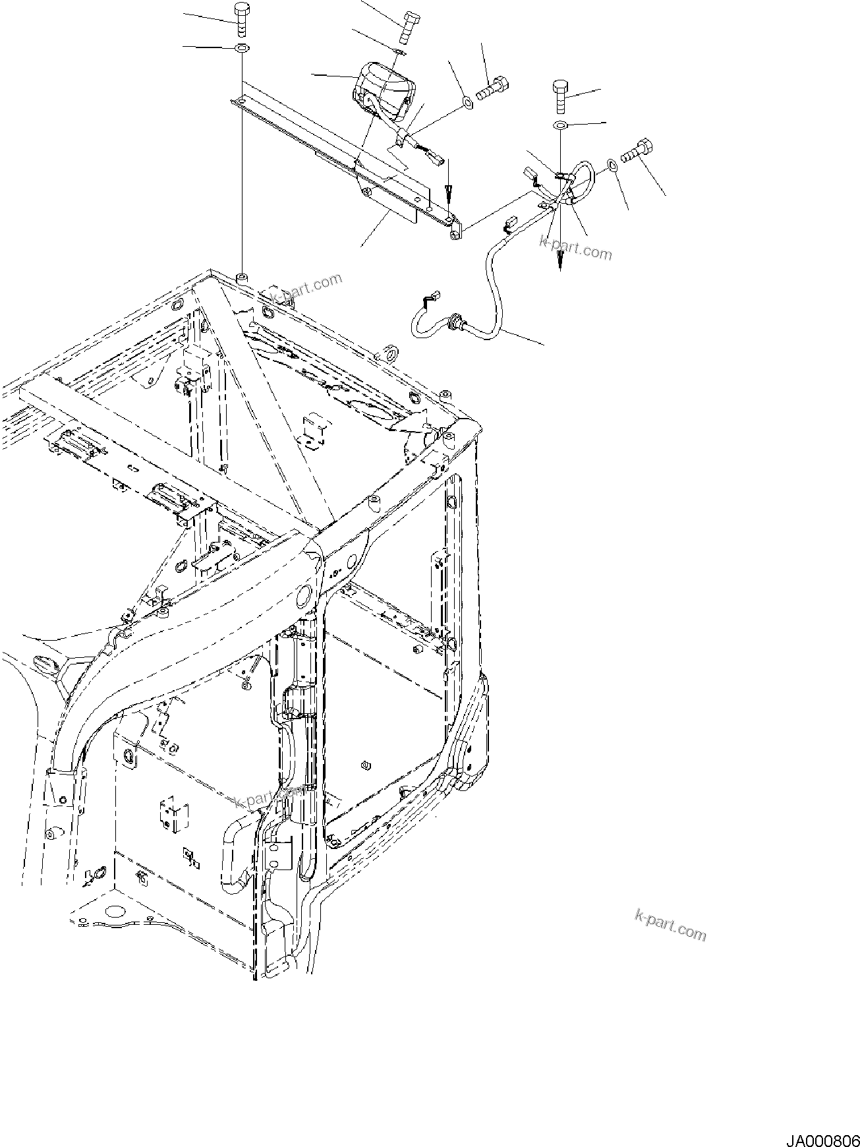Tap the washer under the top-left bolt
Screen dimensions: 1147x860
pos(242,48)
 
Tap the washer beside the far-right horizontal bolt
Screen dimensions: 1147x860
pos(612,163)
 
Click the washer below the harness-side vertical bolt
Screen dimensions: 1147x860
pos(559,125)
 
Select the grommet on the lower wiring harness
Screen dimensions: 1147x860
pos(453,322)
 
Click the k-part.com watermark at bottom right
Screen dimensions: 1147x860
pos(670,926)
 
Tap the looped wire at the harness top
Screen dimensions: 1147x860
pos(583,174)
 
